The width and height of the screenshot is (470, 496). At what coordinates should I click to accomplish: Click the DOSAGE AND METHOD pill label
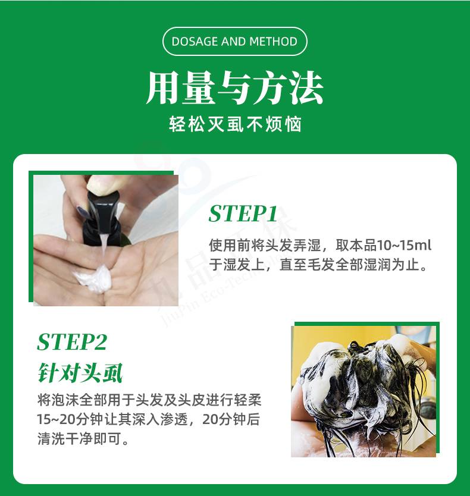click(234, 42)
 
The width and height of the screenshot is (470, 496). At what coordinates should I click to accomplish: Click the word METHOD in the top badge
click(273, 42)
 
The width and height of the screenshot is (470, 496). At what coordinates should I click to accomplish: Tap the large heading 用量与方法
click(234, 87)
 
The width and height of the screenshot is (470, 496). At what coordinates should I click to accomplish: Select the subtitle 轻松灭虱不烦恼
click(235, 124)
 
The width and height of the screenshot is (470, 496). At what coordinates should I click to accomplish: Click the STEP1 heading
click(243, 214)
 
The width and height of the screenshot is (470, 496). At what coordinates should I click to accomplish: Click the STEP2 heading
click(72, 341)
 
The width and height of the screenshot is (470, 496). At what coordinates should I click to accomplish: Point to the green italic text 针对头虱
click(80, 373)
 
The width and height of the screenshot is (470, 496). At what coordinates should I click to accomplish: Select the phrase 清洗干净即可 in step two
click(80, 438)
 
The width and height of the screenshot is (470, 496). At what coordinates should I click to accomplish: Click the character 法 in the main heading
click(306, 87)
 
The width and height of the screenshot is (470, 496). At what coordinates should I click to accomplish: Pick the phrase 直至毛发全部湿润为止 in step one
click(353, 265)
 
